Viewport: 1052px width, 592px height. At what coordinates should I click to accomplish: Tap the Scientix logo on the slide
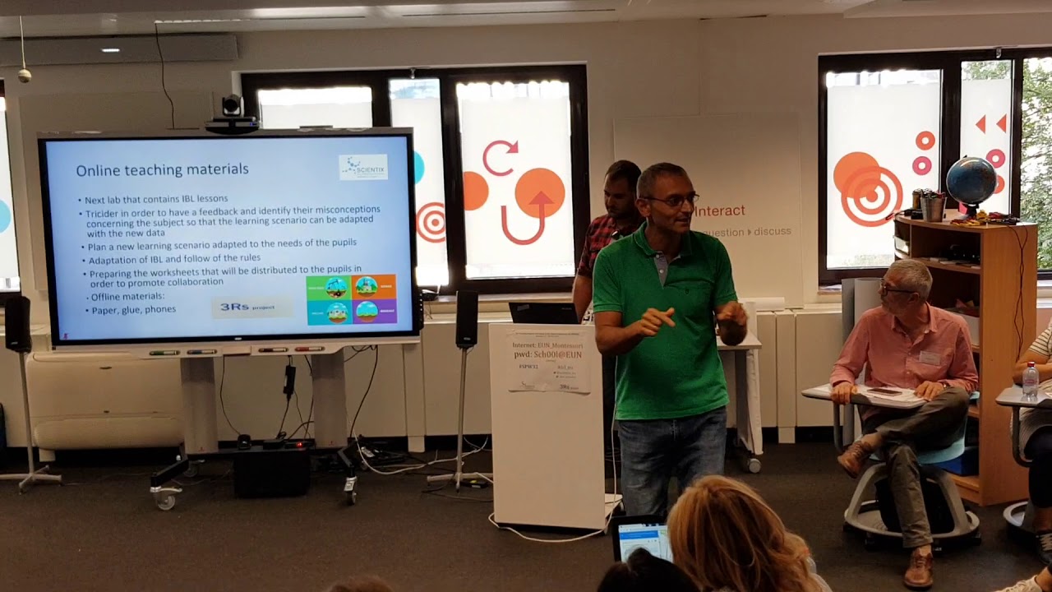363,167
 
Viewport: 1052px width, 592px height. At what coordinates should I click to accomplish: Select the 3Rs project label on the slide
252,308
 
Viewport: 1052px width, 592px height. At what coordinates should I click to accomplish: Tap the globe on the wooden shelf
971,183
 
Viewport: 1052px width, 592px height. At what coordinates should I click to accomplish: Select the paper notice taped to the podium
548,360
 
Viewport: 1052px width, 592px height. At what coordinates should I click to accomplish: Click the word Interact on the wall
720,211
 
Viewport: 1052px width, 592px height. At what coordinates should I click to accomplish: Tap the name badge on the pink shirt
930,358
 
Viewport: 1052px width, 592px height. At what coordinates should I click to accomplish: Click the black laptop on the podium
543,312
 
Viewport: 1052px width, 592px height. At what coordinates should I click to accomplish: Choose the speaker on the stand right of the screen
467,319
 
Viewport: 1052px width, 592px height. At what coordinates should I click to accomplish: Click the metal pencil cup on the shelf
933,207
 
